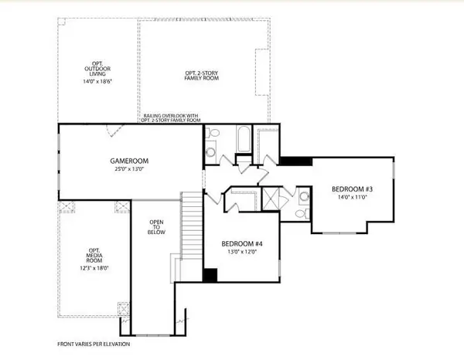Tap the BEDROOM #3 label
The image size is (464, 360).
pos(352,189)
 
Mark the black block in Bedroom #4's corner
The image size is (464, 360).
pos(209,274)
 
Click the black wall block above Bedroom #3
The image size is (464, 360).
pos(295,161)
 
